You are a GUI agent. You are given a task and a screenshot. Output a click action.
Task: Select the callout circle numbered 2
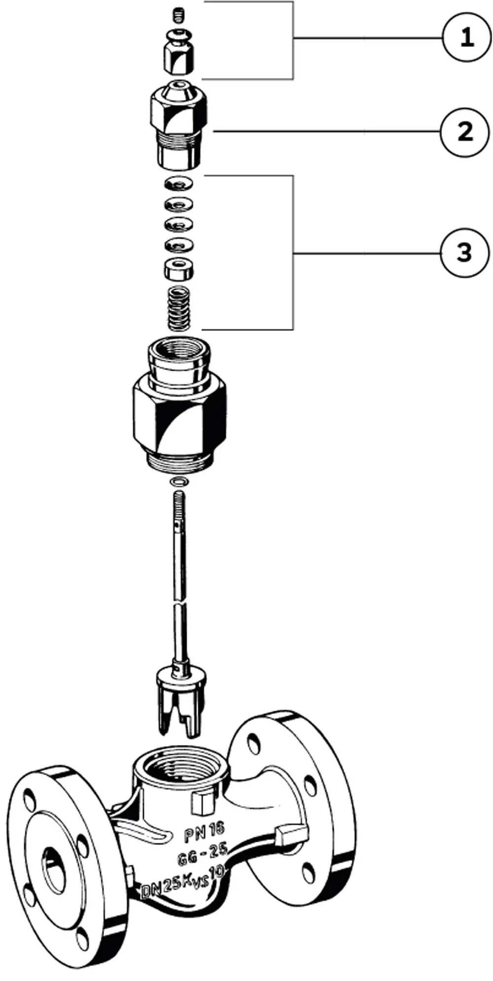pos(465,132)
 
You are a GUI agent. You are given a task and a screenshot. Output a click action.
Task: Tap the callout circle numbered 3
pos(465,253)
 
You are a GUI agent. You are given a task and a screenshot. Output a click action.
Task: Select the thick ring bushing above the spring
pos(178,269)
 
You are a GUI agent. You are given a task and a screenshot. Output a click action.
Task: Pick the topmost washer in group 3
pos(178,184)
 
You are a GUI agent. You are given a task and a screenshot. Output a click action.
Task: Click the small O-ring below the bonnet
pos(178,481)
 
